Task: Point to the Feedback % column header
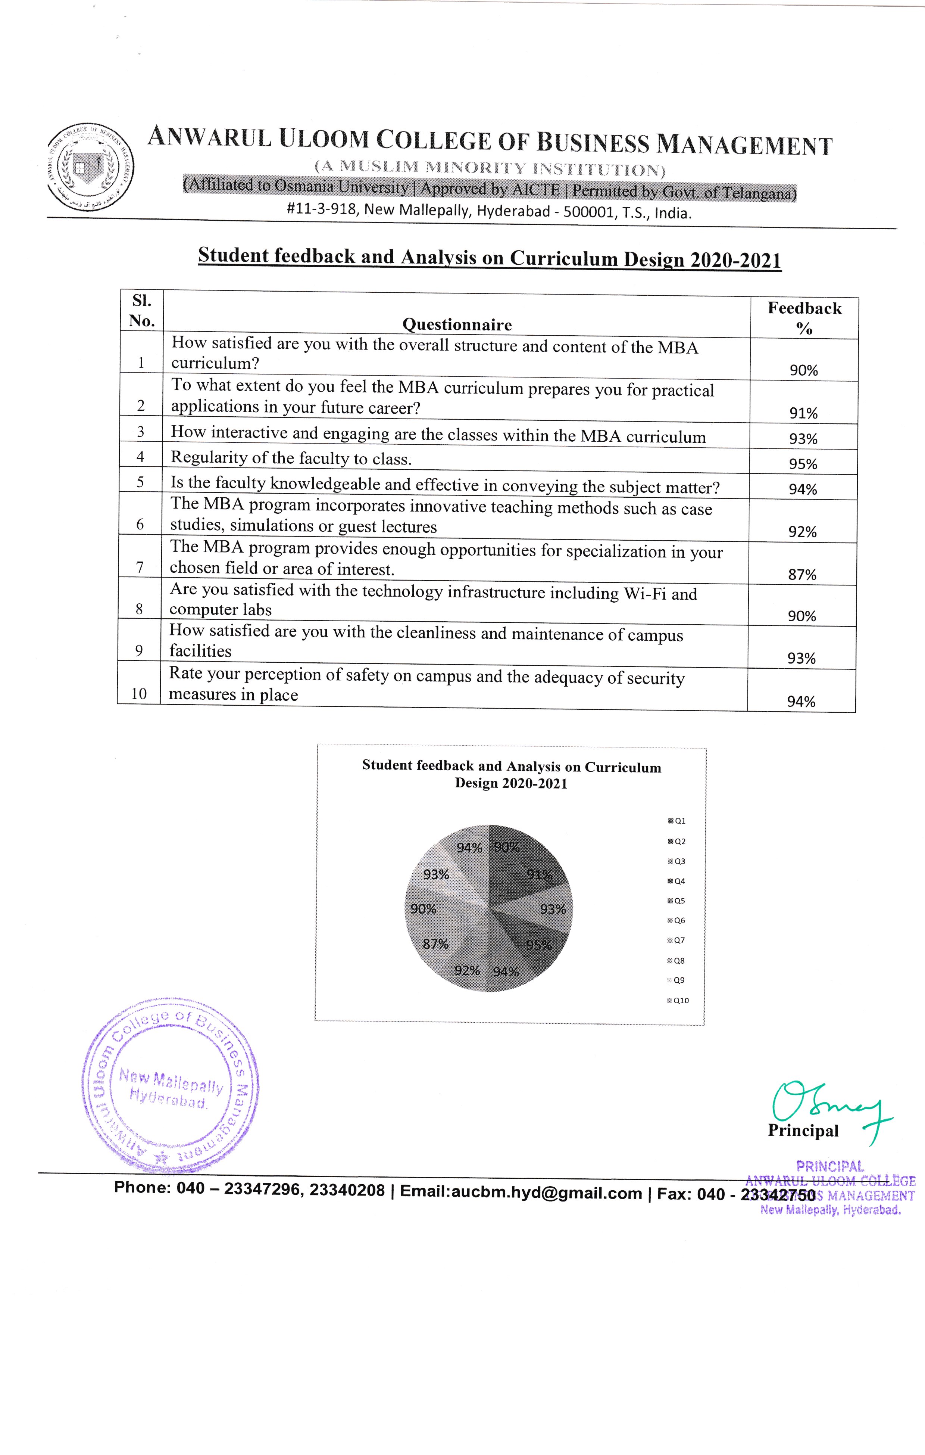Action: point(804,318)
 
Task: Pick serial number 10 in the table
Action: point(139,694)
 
